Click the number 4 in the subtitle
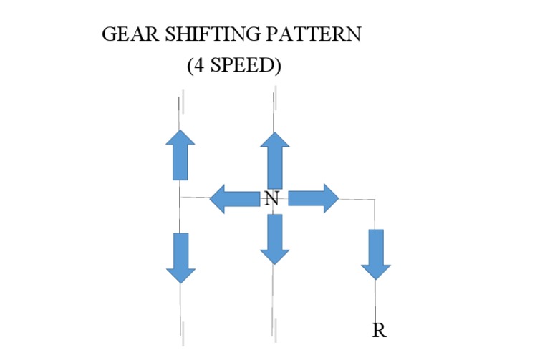[196, 67]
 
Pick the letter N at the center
[271, 199]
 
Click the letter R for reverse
[380, 331]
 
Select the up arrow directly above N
[273, 160]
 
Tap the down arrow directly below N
[274, 238]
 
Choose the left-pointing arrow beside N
[233, 198]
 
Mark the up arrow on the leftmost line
[180, 155]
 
